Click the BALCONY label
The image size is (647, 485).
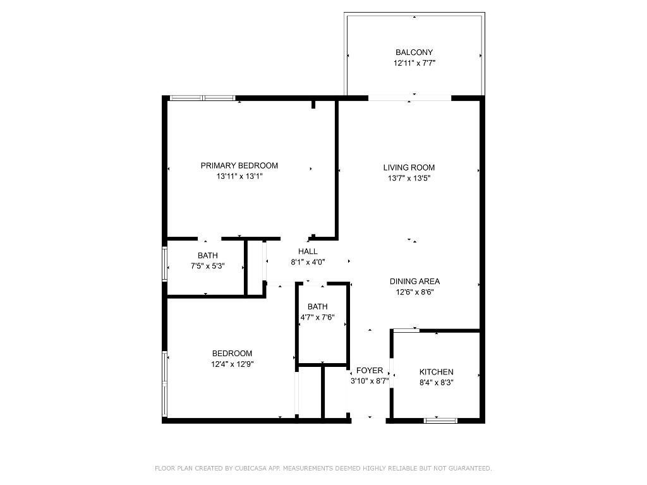(414, 52)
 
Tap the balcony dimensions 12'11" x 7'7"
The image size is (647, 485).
(414, 63)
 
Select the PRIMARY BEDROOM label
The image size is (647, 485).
(239, 165)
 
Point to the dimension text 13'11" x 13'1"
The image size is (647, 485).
(239, 177)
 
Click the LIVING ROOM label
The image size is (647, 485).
(409, 167)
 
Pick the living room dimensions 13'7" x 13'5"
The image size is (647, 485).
(409, 178)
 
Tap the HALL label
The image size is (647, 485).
(308, 251)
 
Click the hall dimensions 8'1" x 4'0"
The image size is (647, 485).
(308, 262)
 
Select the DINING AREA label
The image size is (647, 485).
(414, 282)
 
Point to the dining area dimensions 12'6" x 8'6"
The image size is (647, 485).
(414, 292)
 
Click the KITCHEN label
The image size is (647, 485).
(436, 372)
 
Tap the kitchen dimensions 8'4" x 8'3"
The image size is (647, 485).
(436, 383)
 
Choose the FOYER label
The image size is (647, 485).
(370, 370)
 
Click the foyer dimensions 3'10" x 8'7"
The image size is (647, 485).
(370, 381)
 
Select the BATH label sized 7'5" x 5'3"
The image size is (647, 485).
(207, 255)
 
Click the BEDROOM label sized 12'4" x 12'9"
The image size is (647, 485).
(232, 353)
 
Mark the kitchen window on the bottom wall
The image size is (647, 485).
(440, 420)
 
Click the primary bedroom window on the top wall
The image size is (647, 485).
(202, 98)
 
